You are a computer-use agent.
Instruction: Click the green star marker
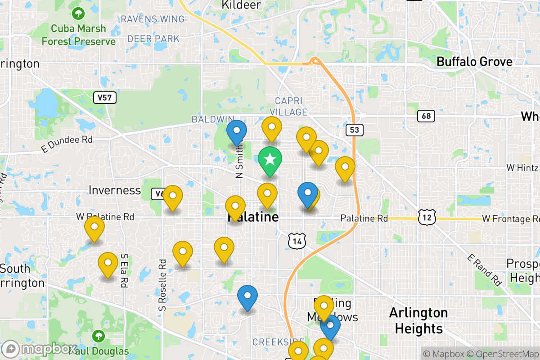[270, 160]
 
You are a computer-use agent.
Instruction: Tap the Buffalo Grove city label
[474, 62]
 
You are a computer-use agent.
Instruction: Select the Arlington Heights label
[418, 320]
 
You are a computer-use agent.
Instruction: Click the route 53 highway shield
[355, 130]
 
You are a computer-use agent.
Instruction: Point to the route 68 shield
[426, 116]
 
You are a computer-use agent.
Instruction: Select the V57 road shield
[105, 97]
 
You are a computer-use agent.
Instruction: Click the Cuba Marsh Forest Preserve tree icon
[79, 13]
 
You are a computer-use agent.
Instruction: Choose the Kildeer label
[241, 5]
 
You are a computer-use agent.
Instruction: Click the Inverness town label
[115, 190]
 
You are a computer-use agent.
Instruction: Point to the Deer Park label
[153, 39]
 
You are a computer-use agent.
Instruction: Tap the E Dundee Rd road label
[66, 144]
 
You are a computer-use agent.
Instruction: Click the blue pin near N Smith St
[237, 131]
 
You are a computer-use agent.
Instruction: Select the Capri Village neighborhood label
[291, 106]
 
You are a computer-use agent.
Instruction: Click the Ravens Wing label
[153, 19]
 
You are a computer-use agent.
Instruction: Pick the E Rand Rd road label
[484, 270]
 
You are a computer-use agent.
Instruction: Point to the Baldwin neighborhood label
[210, 119]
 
